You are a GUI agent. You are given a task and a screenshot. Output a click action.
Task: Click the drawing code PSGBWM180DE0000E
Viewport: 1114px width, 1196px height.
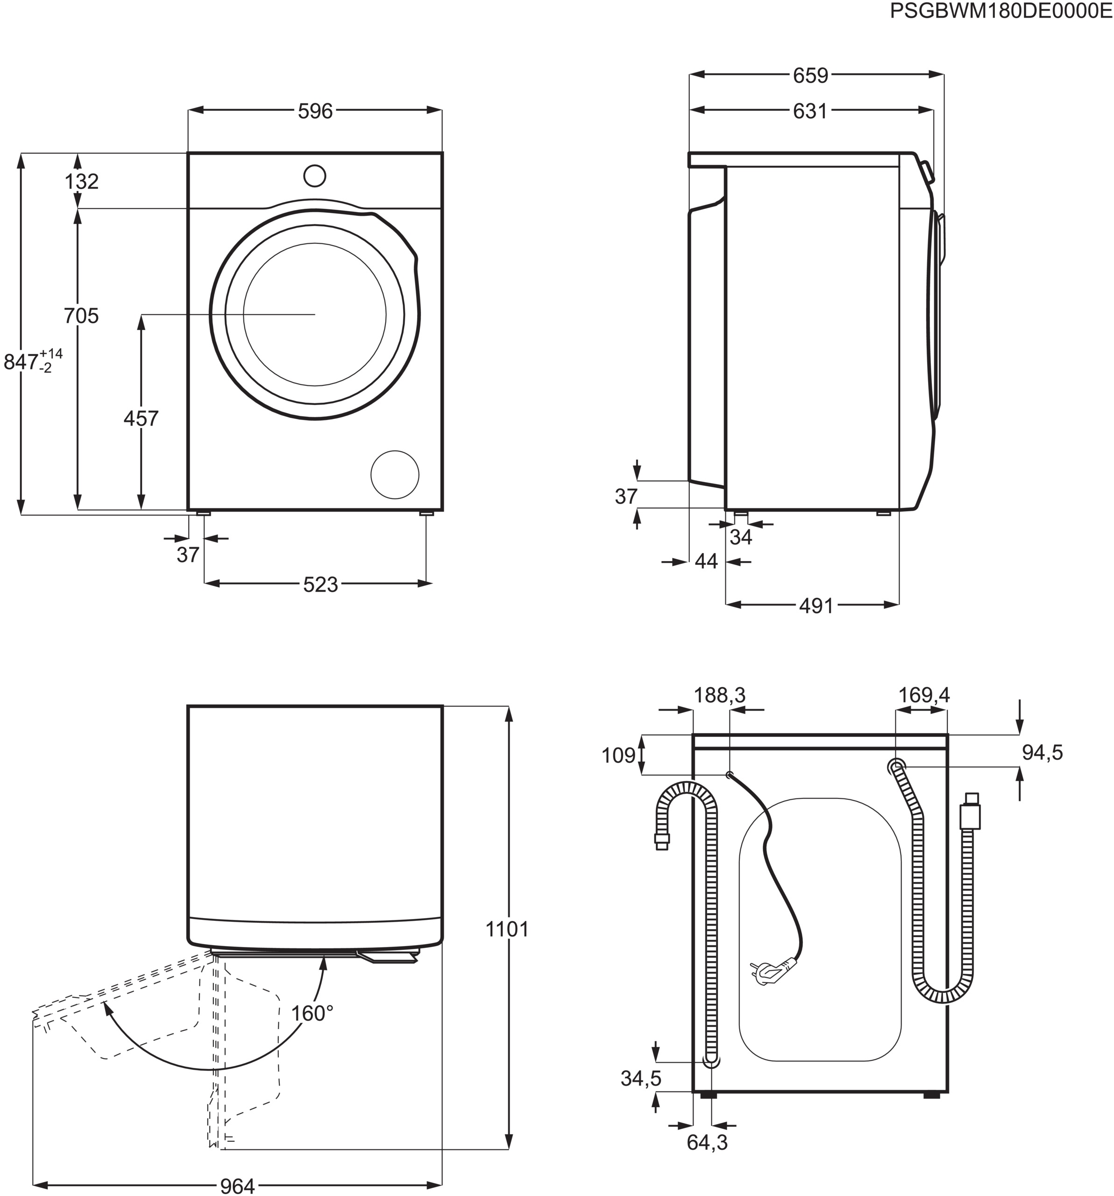(x=1001, y=11)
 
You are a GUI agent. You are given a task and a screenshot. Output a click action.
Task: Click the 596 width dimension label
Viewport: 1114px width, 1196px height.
(x=315, y=111)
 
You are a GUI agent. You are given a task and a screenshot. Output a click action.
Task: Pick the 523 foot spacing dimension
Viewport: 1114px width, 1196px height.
(x=320, y=584)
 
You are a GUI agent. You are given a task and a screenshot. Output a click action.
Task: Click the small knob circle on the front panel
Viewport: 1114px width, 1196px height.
(x=315, y=176)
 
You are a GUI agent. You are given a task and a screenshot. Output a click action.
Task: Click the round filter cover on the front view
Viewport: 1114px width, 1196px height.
(x=395, y=475)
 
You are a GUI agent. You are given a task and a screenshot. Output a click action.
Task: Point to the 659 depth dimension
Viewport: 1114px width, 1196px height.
(x=810, y=76)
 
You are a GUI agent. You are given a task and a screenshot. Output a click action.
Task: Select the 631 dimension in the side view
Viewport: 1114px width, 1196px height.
(x=810, y=111)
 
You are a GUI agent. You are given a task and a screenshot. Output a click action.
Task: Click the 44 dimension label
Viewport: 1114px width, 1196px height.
(x=706, y=561)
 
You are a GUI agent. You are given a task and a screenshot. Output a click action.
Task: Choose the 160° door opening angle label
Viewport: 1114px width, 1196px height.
(x=312, y=1014)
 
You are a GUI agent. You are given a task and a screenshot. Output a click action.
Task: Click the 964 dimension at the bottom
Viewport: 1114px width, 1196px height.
(x=238, y=1185)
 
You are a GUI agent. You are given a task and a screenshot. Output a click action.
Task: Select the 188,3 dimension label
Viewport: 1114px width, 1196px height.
(x=719, y=696)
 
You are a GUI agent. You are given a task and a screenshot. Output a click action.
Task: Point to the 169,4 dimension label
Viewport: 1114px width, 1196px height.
(x=923, y=696)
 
